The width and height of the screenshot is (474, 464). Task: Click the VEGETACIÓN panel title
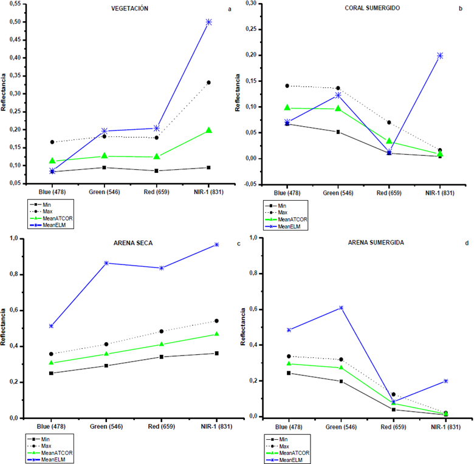pyautogui.click(x=130, y=9)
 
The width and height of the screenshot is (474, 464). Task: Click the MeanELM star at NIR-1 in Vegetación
pyautogui.click(x=208, y=22)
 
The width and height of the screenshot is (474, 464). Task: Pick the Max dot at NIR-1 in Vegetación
pyautogui.click(x=208, y=82)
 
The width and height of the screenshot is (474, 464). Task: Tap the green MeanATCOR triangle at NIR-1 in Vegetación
pyautogui.click(x=208, y=130)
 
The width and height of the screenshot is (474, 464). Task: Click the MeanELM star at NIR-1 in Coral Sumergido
pyautogui.click(x=440, y=56)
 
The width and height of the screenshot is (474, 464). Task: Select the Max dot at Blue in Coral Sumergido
pyautogui.click(x=287, y=86)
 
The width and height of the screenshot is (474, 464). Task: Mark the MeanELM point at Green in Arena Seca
pyautogui.click(x=106, y=263)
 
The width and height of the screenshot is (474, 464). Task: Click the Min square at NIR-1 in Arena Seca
pyautogui.click(x=216, y=353)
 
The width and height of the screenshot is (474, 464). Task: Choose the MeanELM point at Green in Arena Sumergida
pyautogui.click(x=341, y=308)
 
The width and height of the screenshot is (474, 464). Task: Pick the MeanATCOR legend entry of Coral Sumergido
pyautogui.click(x=295, y=218)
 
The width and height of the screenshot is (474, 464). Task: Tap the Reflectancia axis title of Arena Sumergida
pyautogui.click(x=244, y=327)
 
